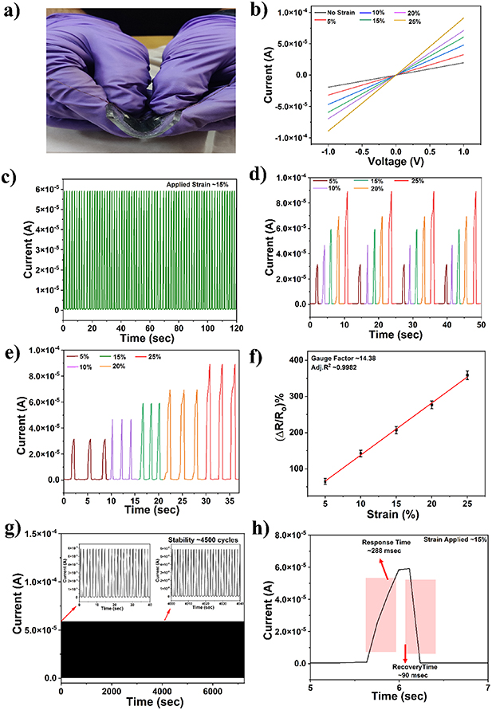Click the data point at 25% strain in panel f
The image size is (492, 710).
click(467, 375)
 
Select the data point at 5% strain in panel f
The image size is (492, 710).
click(325, 481)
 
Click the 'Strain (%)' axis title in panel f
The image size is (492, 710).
click(396, 513)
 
